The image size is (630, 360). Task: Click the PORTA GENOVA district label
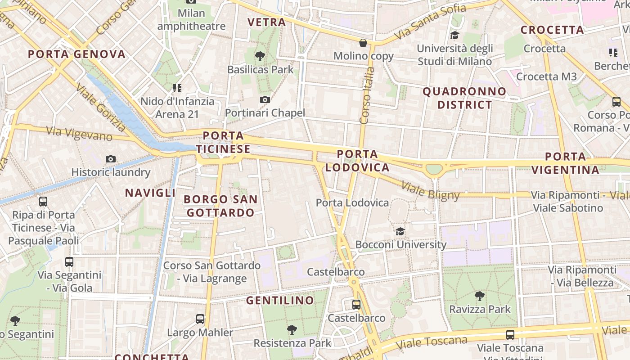(76, 54)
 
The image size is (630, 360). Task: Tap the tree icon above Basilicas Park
(260, 56)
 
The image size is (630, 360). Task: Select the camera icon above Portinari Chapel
(265, 99)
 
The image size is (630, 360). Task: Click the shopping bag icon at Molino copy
(363, 43)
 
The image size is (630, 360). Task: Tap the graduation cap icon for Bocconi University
(400, 231)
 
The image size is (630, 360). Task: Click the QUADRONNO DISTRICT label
(464, 98)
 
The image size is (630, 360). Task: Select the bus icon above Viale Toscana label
(510, 334)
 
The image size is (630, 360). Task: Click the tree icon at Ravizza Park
(480, 296)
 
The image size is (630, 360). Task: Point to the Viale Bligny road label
(430, 191)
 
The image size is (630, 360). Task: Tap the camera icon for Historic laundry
(111, 159)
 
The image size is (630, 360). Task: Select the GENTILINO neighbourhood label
(280, 300)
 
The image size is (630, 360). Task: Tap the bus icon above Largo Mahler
(200, 319)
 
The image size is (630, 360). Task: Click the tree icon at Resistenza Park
(292, 330)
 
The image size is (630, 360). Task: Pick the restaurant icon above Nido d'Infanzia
(177, 88)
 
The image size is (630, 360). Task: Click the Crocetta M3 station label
(546, 76)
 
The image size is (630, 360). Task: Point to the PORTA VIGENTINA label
(565, 163)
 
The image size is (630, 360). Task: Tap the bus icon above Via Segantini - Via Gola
(69, 261)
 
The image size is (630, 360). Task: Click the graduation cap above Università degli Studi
(454, 35)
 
